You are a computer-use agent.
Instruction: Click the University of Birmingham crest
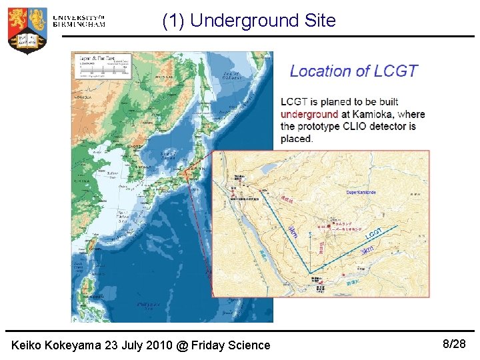[27, 29]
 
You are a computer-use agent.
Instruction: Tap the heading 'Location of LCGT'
[353, 71]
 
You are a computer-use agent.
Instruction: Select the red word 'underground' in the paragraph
[309, 114]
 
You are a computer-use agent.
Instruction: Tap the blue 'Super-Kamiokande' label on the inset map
[361, 192]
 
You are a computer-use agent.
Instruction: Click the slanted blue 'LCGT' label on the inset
[373, 234]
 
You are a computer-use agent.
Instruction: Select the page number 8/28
[454, 344]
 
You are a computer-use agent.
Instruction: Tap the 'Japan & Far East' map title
[98, 59]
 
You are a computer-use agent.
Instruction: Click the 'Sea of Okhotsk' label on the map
[231, 75]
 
